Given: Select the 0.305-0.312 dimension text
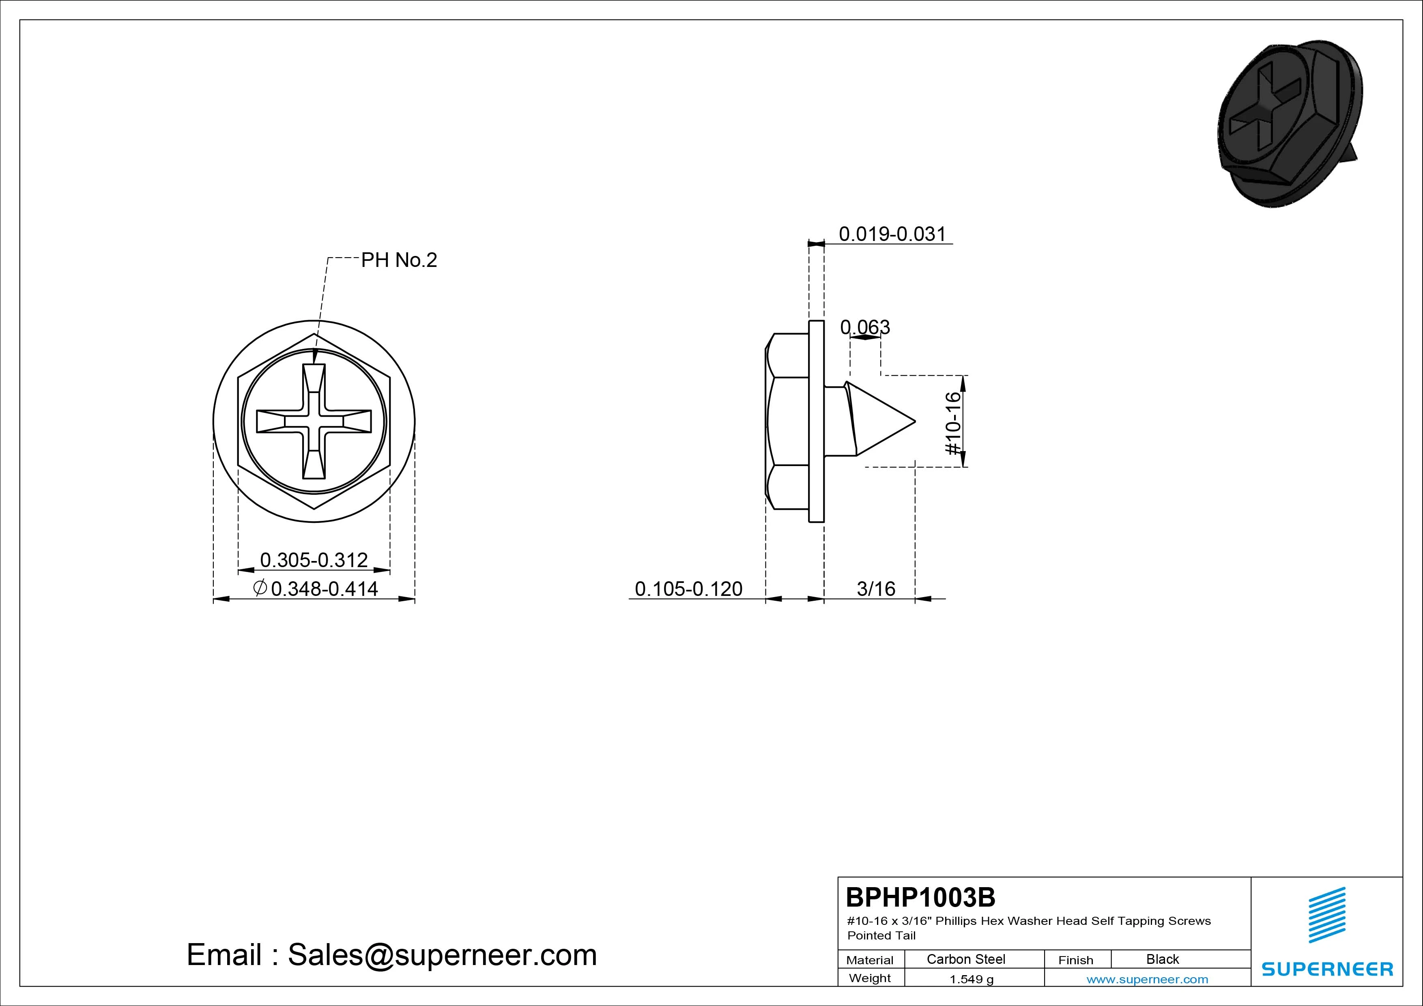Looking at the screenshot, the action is point(314,560).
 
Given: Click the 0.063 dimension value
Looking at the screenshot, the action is point(865,327).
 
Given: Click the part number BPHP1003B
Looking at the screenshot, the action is point(920,897).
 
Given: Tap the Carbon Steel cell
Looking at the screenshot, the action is point(965,959).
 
